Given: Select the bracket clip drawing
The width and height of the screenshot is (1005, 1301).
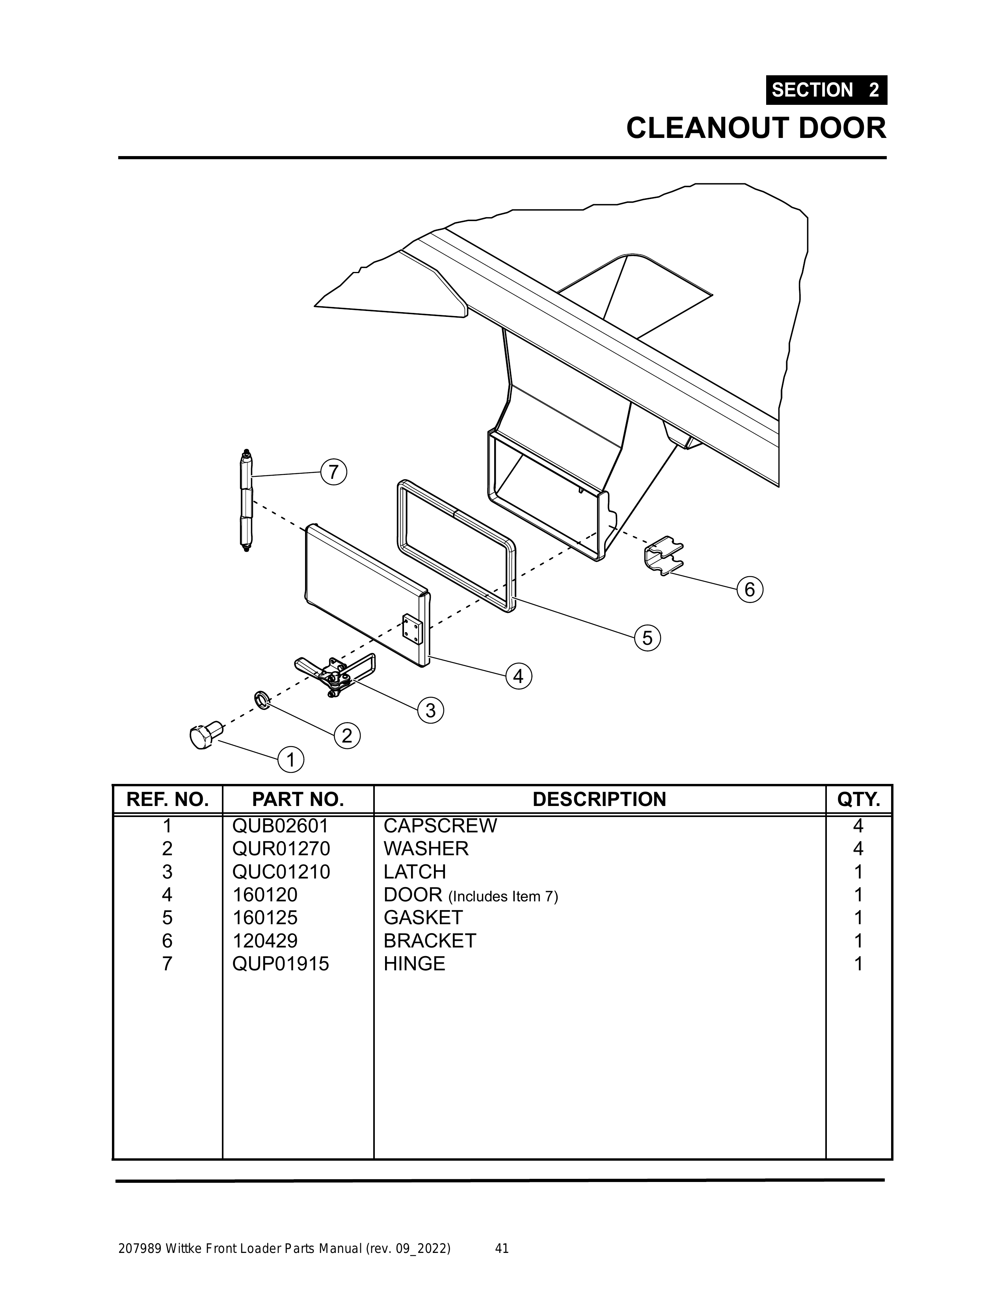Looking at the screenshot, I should coord(663,555).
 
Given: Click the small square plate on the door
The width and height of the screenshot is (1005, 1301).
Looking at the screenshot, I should coord(411,630).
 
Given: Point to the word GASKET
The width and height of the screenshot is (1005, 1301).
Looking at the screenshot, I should coord(423,918).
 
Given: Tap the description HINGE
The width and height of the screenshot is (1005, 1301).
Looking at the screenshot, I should coord(414,963).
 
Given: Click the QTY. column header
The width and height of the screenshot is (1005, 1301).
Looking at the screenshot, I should coord(858,799).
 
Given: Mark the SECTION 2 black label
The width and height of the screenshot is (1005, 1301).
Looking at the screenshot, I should coord(826,90).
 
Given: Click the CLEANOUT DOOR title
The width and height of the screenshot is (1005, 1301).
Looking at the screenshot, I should coord(756,128).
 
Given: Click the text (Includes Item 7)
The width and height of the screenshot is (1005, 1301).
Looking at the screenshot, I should coord(503,896).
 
